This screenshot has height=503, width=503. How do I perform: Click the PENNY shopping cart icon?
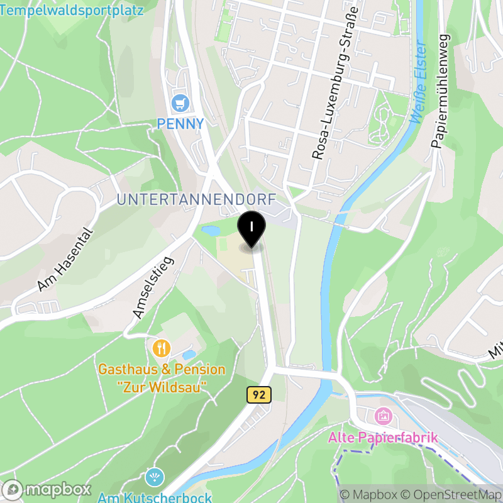coord(181,102)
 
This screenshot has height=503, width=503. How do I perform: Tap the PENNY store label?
coord(181,124)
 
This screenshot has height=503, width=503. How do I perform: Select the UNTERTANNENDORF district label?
coord(197,200)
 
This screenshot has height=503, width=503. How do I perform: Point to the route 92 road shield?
coord(258,395)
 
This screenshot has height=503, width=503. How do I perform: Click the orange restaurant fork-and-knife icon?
coord(162,348)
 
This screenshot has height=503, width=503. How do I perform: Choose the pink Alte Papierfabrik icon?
coord(382,416)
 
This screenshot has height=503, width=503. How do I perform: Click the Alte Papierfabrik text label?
coord(382,437)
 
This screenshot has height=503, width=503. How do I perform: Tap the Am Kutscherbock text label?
coord(155,497)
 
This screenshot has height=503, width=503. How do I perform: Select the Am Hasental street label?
coord(65,260)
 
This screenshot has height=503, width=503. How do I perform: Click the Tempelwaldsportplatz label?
coord(72,10)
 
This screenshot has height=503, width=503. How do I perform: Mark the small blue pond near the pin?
coord(211,231)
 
